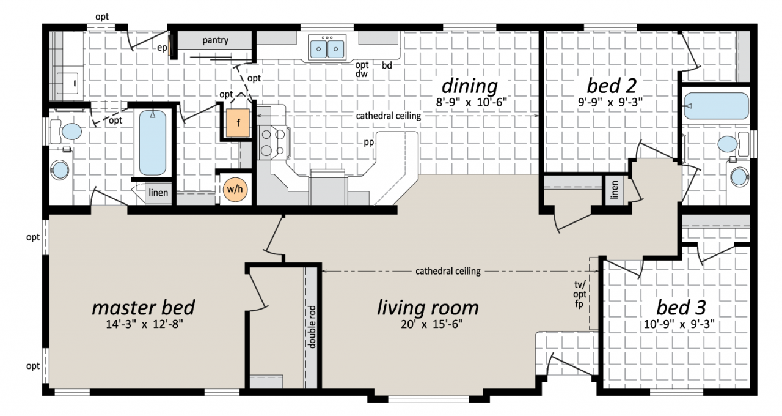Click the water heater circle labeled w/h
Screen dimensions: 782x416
pyautogui.click(x=235, y=189)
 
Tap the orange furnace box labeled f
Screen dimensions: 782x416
pyautogui.click(x=238, y=123)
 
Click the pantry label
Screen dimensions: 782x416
pyautogui.click(x=216, y=40)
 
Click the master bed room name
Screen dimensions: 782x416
pyautogui.click(x=143, y=308)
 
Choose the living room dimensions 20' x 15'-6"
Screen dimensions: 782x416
pyautogui.click(x=431, y=324)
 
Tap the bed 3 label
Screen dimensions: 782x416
pyautogui.click(x=681, y=308)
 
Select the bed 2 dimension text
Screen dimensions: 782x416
pyautogui.click(x=610, y=102)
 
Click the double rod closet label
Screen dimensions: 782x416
pyautogui.click(x=312, y=327)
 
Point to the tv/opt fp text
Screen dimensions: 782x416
pyautogui.click(x=580, y=294)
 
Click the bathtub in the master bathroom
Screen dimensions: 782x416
pyautogui.click(x=153, y=143)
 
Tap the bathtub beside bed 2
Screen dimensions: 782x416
pyautogui.click(x=717, y=106)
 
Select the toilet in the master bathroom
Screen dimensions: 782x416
pyautogui.click(x=67, y=132)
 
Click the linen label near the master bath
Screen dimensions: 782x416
pyautogui.click(x=158, y=192)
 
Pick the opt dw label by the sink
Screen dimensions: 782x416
pyautogui.click(x=362, y=69)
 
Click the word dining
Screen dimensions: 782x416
pyautogui.click(x=470, y=86)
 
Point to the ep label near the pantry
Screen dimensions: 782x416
pyautogui.click(x=162, y=48)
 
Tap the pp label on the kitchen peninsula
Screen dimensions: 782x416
pyautogui.click(x=368, y=143)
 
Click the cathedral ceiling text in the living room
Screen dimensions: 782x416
pyautogui.click(x=448, y=271)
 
